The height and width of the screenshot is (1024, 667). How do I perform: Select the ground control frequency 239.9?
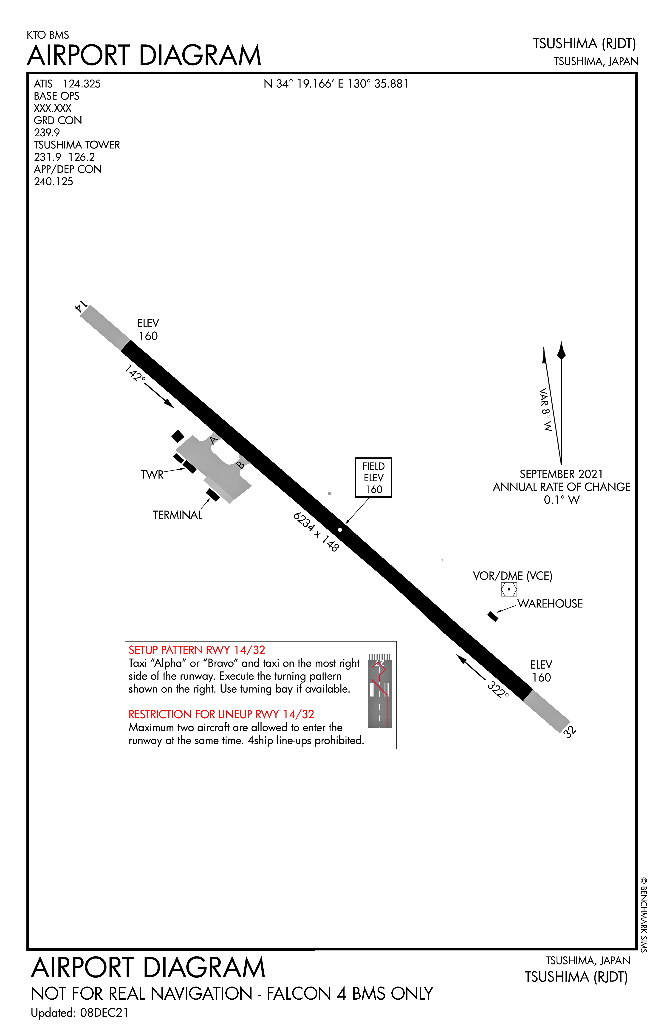[x=47, y=133]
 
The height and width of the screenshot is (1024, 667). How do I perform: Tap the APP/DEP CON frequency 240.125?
[x=53, y=182]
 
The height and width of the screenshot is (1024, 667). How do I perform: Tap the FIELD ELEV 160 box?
[x=373, y=478]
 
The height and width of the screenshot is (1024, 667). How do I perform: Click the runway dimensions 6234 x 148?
[x=316, y=532]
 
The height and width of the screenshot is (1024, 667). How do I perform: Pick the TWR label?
[x=152, y=475]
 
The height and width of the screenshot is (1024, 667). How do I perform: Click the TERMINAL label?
[x=177, y=515]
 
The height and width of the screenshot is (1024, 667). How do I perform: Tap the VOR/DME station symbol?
[x=509, y=589]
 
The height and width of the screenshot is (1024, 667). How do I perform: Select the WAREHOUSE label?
[x=550, y=604]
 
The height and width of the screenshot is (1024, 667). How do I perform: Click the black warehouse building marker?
[x=493, y=616]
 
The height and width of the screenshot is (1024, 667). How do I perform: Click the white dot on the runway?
[x=340, y=530]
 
